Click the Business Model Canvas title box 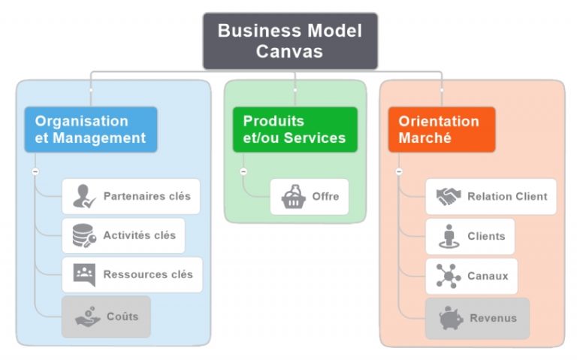(290, 41)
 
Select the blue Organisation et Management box (91, 129)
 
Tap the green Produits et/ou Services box (295, 129)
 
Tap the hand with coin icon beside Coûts (88, 317)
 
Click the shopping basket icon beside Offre (293, 197)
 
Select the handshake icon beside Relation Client (449, 197)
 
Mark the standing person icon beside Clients (448, 236)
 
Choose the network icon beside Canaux (449, 276)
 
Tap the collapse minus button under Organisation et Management (35, 171)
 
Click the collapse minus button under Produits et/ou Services (243, 171)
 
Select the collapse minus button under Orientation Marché (399, 171)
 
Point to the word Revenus (493, 318)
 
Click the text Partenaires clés (147, 197)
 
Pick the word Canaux (487, 276)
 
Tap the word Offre (325, 197)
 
